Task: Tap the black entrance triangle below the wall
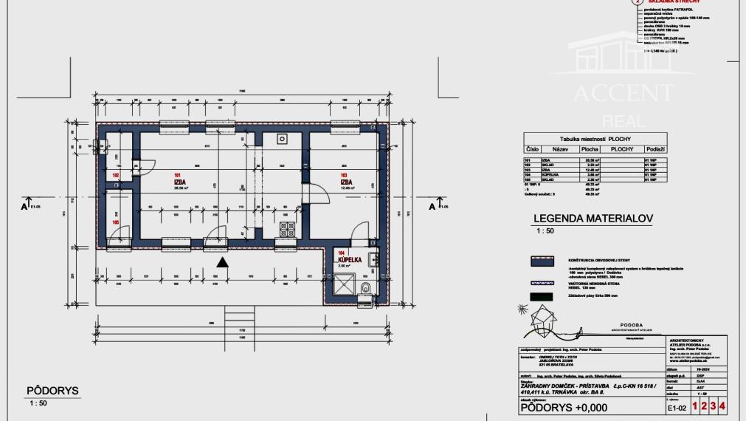click(224, 261)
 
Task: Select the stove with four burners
click(286, 228)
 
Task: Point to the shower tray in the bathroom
click(344, 283)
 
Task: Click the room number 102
click(116, 175)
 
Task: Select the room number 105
click(116, 222)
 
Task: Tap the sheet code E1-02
click(677, 407)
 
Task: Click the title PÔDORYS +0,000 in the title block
click(564, 406)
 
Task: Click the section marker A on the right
click(432, 205)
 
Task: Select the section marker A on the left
click(26, 205)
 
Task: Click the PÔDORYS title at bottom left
click(52, 391)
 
